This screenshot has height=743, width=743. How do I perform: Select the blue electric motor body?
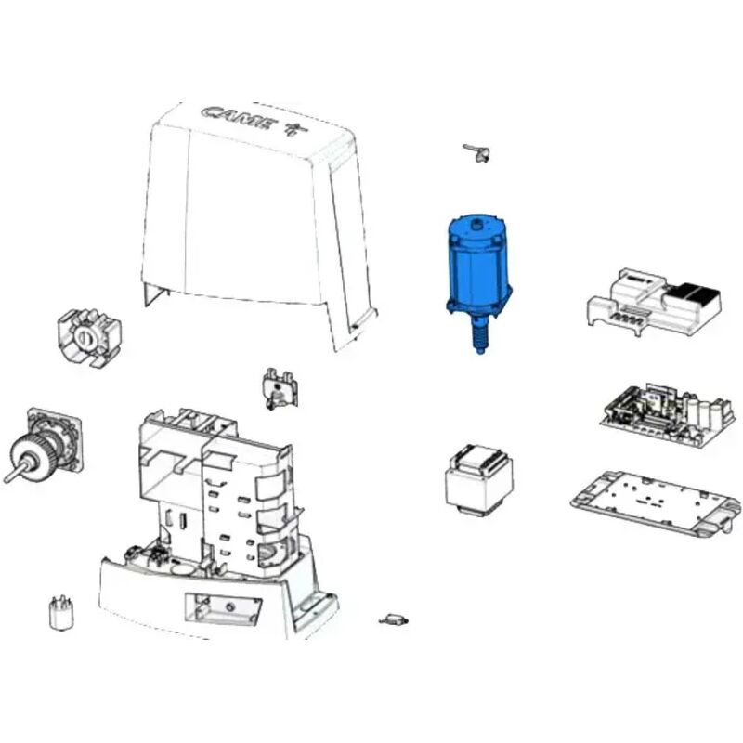click(479, 265)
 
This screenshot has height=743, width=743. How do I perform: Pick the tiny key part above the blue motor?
click(477, 151)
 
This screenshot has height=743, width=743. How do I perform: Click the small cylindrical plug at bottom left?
click(60, 614)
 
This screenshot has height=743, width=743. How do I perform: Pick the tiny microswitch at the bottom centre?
click(394, 618)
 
